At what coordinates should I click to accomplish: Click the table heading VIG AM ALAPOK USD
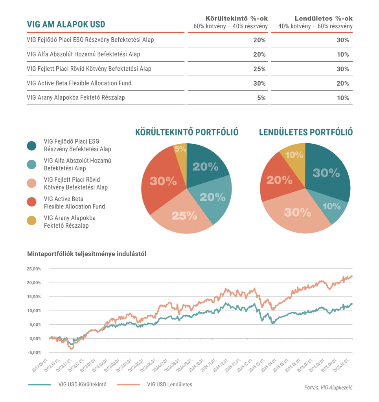pyautogui.click(x=66, y=24)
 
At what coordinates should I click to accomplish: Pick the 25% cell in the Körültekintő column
pyautogui.click(x=259, y=69)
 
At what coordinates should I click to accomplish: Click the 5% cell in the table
pyautogui.click(x=261, y=98)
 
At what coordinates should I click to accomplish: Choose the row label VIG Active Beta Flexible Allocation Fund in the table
pyautogui.click(x=79, y=83)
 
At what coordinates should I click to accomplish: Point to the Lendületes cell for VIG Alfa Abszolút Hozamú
pyautogui.click(x=343, y=54)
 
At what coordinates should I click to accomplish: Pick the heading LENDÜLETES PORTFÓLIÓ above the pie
pyautogui.click(x=305, y=132)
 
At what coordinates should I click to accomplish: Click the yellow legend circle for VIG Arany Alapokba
pyautogui.click(x=32, y=221)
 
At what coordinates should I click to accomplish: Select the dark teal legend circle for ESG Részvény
pyautogui.click(x=32, y=146)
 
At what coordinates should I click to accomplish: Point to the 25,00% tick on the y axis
pyautogui.click(x=34, y=269)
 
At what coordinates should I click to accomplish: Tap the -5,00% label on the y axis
pyautogui.click(x=34, y=353)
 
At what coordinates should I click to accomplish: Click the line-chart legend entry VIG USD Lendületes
pyautogui.click(x=169, y=384)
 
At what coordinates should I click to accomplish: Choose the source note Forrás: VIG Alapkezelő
pyautogui.click(x=328, y=388)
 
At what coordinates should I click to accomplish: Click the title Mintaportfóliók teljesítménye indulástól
pyautogui.click(x=87, y=254)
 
